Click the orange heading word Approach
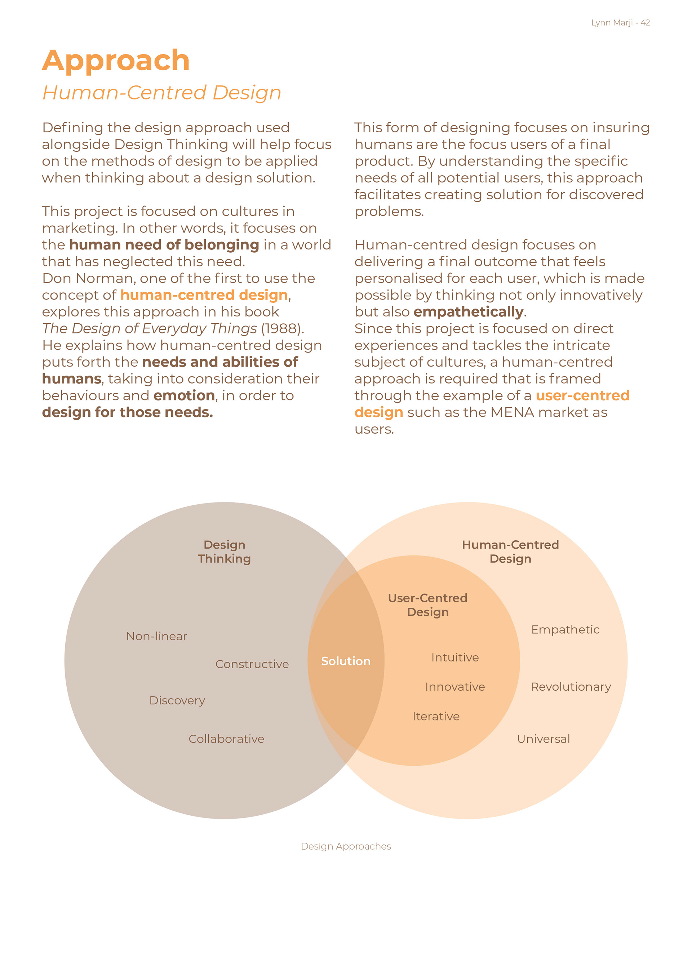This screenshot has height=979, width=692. (116, 61)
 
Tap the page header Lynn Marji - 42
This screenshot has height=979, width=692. (620, 23)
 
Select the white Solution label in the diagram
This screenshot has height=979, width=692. (345, 661)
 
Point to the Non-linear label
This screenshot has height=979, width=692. (156, 636)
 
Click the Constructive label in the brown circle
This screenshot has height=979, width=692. (252, 664)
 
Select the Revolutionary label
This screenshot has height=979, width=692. (571, 687)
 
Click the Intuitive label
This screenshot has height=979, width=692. (454, 657)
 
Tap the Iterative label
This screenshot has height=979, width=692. (436, 716)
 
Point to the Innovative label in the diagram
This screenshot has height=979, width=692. (454, 687)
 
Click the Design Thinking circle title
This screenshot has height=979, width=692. (224, 552)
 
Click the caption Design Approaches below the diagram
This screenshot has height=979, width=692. (346, 846)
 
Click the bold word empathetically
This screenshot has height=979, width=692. (468, 312)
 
